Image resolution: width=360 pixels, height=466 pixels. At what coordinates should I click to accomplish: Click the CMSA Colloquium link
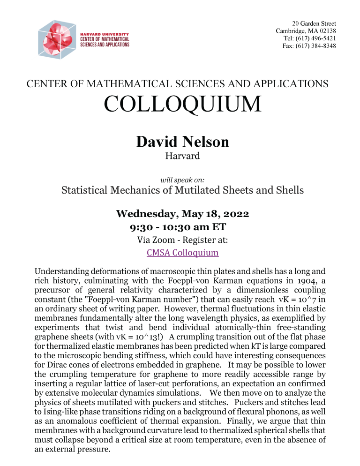(182, 253)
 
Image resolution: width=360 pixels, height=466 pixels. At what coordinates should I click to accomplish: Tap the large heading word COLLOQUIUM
(182, 104)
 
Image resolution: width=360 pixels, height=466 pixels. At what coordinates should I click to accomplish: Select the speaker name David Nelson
(182, 141)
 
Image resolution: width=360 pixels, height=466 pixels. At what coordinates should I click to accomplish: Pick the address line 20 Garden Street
(314, 23)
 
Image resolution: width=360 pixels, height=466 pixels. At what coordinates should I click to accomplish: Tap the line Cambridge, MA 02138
(306, 31)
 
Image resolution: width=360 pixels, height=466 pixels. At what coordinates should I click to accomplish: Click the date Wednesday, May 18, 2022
(182, 214)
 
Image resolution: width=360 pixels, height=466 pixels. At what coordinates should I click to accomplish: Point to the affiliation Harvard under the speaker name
(182, 156)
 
